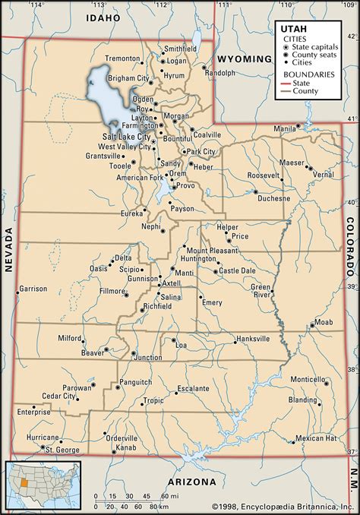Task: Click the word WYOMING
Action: [243, 58]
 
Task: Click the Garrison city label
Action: [33, 289]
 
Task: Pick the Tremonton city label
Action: [123, 58]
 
